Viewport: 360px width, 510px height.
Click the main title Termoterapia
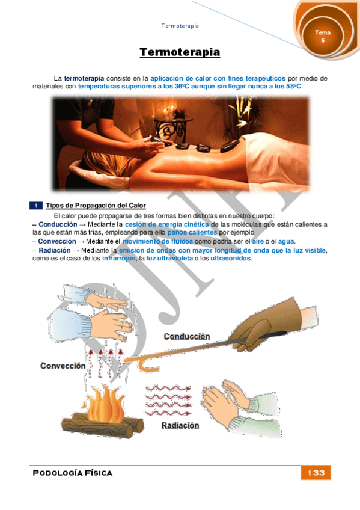tap(180, 52)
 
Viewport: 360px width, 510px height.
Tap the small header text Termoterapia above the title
tap(180, 26)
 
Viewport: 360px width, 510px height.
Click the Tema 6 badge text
tap(323, 36)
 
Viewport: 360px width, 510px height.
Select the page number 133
tap(316, 473)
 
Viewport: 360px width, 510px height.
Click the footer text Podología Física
tap(73, 473)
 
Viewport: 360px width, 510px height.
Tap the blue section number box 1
tap(36, 206)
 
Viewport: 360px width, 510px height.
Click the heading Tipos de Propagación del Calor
tap(96, 206)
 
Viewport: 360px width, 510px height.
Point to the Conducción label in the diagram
tap(187, 336)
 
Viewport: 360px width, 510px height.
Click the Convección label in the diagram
tap(63, 366)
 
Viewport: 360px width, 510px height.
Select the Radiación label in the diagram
tap(180, 425)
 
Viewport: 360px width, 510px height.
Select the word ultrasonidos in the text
tap(231, 259)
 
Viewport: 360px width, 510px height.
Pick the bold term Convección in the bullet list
tap(57, 241)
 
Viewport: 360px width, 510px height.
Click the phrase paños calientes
tap(192, 233)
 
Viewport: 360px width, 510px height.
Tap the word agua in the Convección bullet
tap(286, 241)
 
